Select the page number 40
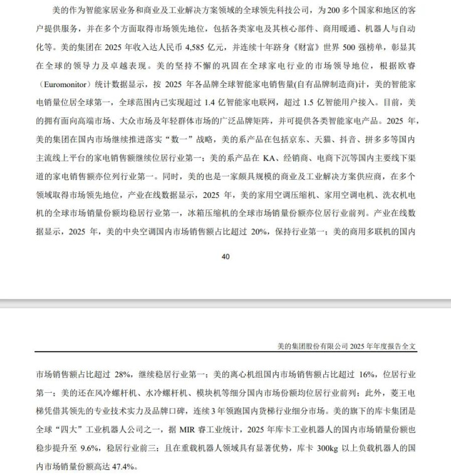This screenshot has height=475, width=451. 226,256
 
